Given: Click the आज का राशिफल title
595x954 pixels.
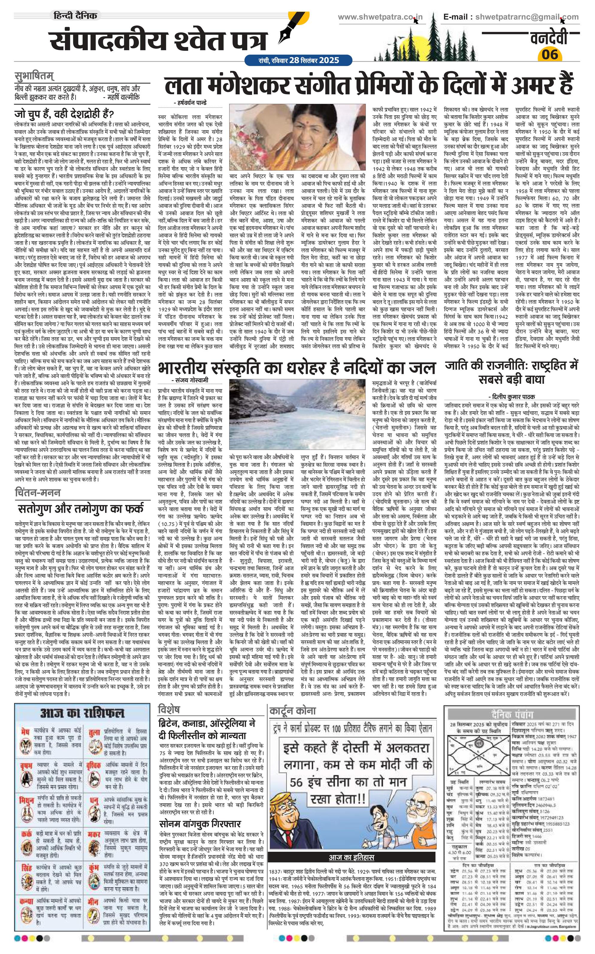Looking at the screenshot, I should [82, 712].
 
